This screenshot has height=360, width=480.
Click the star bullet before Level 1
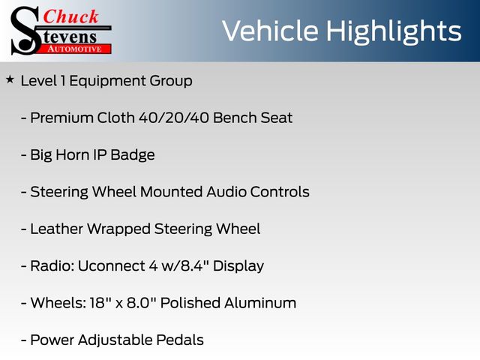tap(10, 79)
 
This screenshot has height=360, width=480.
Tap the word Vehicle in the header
tap(270, 31)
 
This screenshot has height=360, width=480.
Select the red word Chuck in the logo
tap(70, 16)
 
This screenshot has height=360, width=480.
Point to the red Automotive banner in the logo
tap(75, 49)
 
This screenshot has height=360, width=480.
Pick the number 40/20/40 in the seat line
tap(173, 118)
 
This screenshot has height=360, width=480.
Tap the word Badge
tap(133, 155)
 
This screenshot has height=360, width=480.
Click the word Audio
tap(226, 192)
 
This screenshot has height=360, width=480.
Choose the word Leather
tap(57, 229)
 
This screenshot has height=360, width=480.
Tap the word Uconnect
tap(111, 266)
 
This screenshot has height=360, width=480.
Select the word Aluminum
tap(260, 303)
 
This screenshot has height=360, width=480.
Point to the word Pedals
tap(180, 340)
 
